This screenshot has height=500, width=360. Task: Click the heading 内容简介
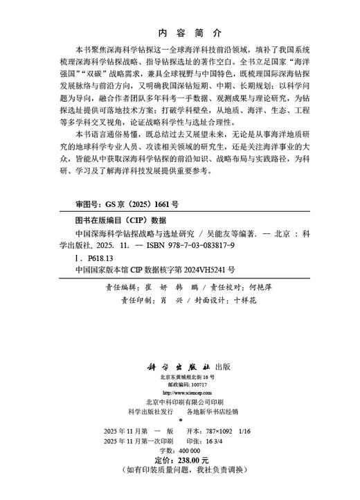tap(179, 33)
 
